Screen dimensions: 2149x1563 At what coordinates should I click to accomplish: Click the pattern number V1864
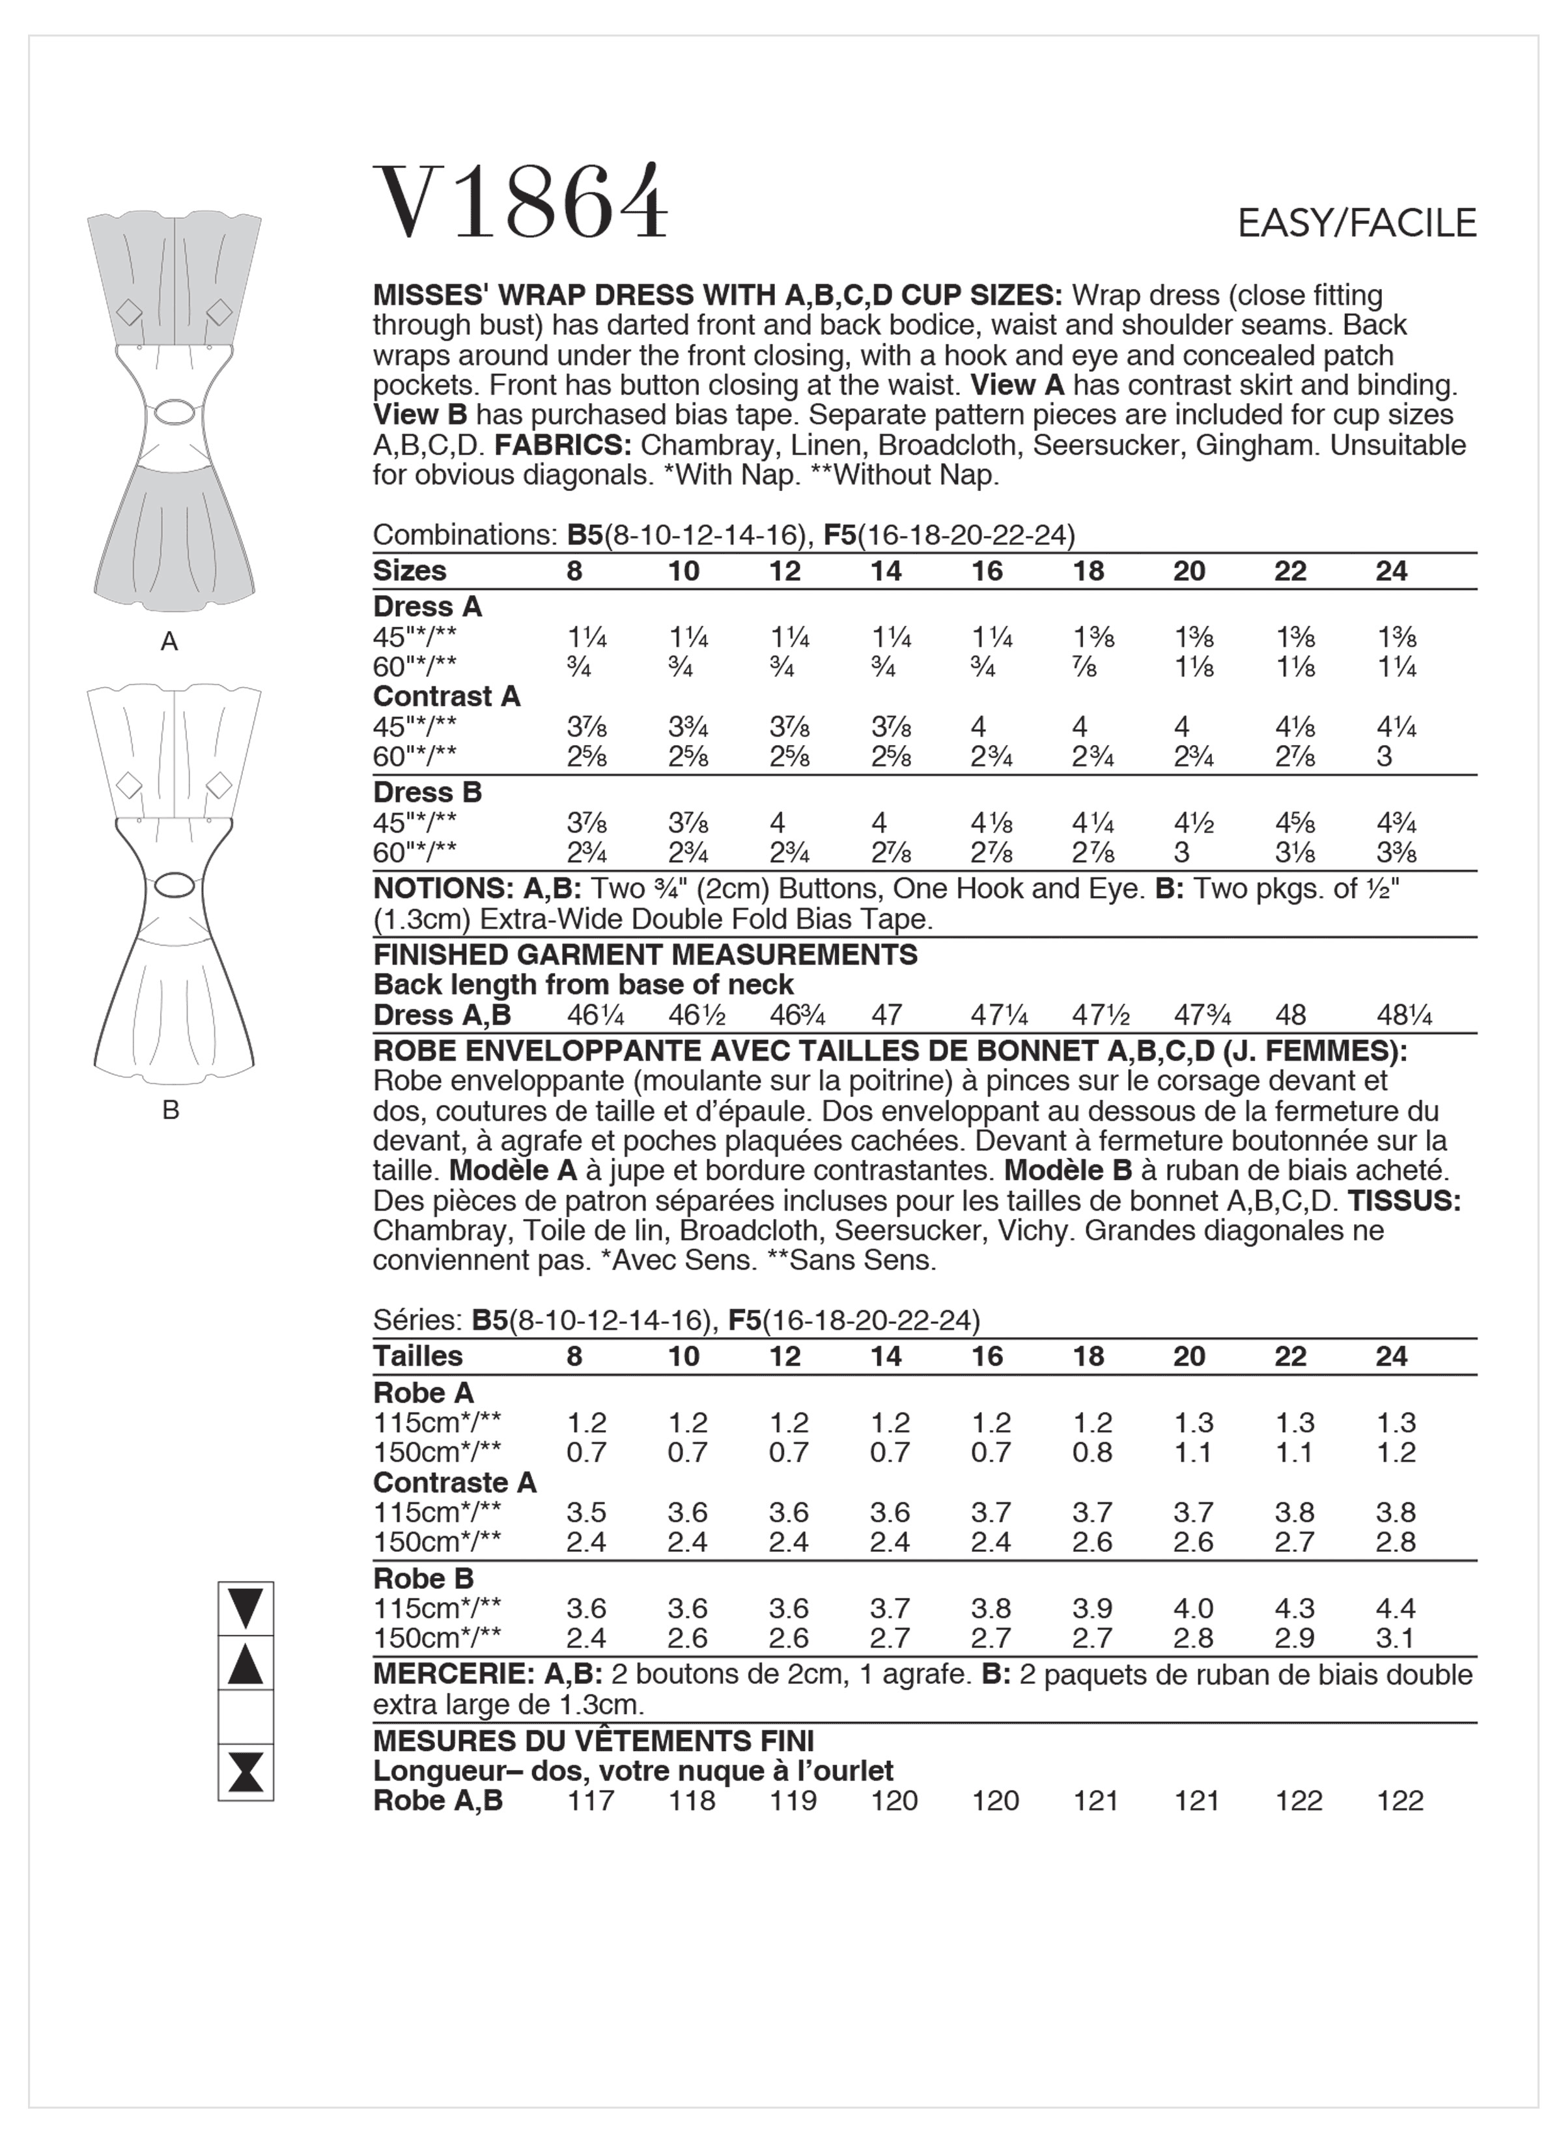520,202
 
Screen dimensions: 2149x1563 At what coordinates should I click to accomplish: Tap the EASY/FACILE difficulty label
1357,223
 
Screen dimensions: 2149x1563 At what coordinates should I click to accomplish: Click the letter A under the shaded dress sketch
170,643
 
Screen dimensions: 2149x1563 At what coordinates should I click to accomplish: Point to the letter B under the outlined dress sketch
171,1110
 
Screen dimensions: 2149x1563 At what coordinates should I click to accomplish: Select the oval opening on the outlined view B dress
173,884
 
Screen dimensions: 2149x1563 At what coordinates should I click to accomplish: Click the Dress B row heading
427,792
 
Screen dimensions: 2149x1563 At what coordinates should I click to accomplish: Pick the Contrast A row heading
447,696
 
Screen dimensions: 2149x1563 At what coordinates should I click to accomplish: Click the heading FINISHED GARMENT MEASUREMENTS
645,954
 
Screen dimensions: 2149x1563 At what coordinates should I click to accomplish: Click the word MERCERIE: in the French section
453,1675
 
